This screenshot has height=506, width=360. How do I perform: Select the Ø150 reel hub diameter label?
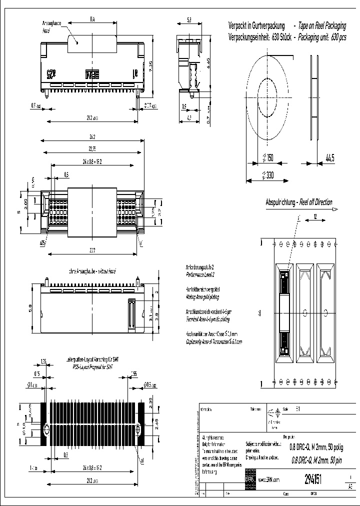268,158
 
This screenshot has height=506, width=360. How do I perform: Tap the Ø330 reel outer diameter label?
268,175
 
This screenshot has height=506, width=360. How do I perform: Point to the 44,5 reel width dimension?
329,158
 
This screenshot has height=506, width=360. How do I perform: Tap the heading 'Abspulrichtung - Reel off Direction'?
298,202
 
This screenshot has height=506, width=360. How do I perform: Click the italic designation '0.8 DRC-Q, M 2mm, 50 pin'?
316,460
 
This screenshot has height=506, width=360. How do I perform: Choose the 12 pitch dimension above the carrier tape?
316,216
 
